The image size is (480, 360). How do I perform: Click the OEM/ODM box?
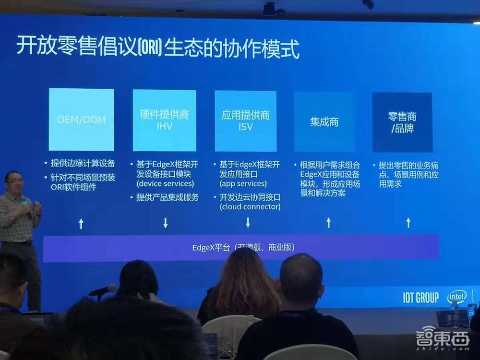pyautogui.click(x=81, y=120)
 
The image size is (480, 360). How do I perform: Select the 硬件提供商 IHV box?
pyautogui.click(x=164, y=120)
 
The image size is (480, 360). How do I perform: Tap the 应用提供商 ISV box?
pyautogui.click(x=245, y=121)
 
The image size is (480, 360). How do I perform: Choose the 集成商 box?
pyautogui.click(x=324, y=122)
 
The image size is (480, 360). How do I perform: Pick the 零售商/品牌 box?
pyautogui.click(x=402, y=122)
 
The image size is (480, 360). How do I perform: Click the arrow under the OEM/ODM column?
pyautogui.click(x=81, y=223)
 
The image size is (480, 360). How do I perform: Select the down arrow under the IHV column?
pyautogui.click(x=166, y=223)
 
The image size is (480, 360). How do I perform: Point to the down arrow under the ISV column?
pyautogui.click(x=248, y=222)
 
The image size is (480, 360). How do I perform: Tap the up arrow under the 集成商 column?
pyautogui.click(x=329, y=222)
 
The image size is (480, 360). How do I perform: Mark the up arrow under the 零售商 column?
pyautogui.click(x=408, y=222)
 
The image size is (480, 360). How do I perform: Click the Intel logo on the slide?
pyautogui.click(x=456, y=297)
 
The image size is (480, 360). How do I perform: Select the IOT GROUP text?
pyautogui.click(x=421, y=298)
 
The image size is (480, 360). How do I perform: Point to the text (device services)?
pyautogui.click(x=165, y=184)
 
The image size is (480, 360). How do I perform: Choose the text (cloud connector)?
pyautogui.click(x=250, y=207)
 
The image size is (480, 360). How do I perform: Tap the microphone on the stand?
pyautogui.click(x=103, y=290)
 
